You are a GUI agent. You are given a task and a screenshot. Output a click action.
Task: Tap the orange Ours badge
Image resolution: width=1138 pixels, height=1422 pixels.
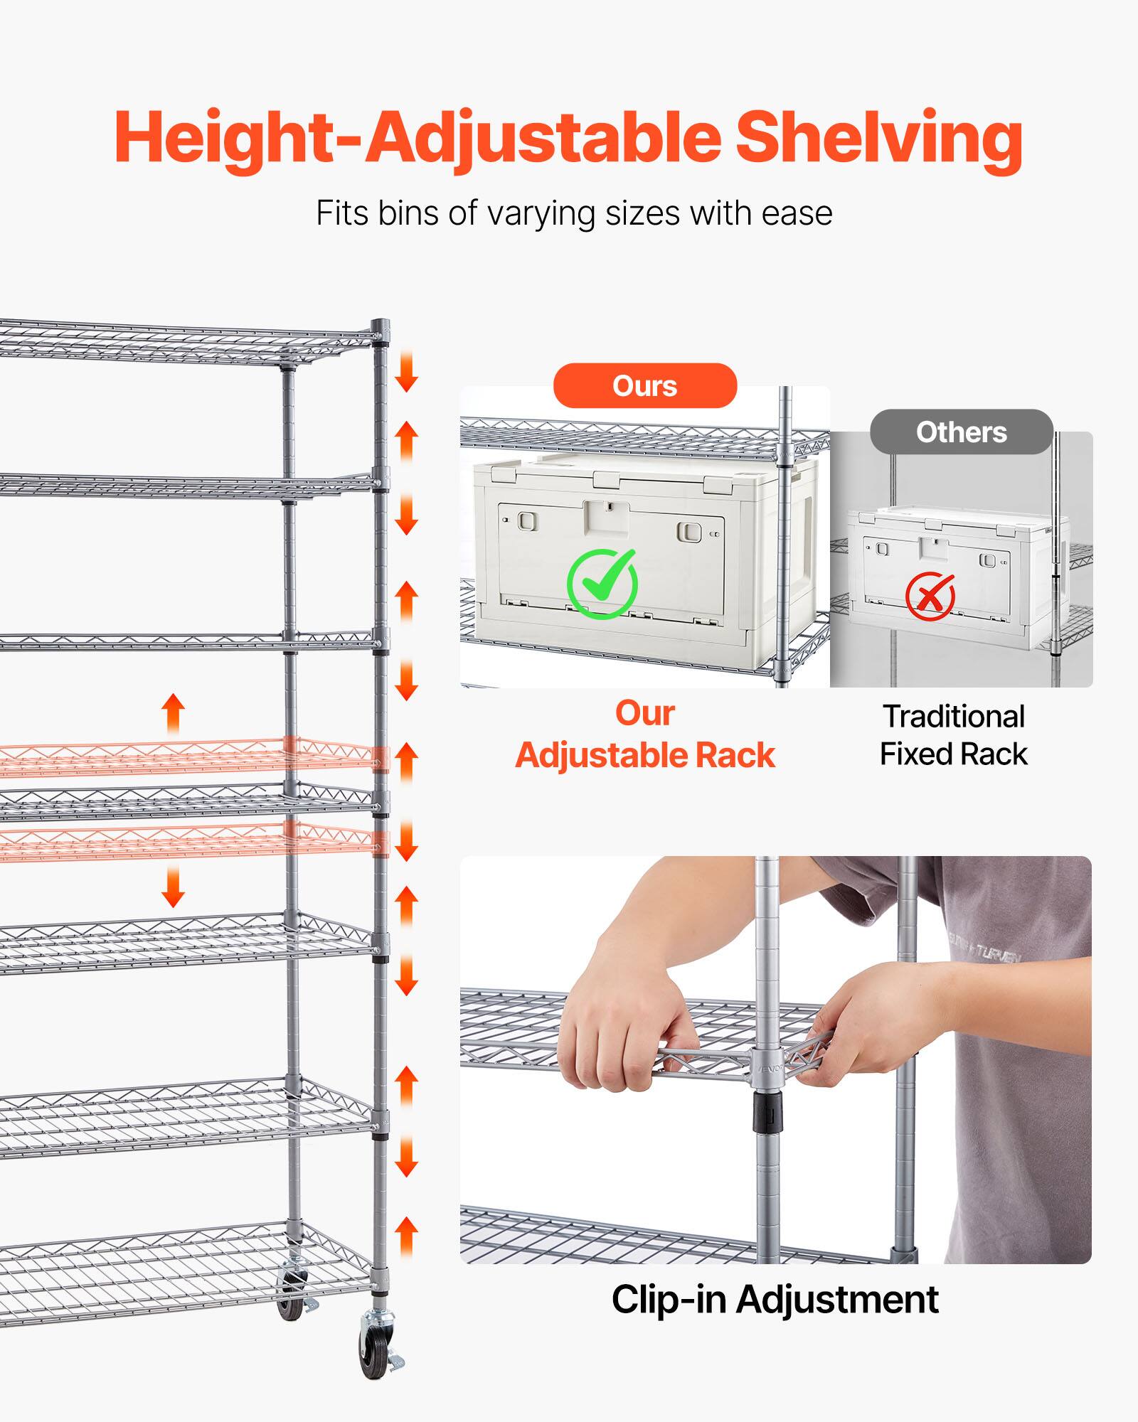tap(645, 386)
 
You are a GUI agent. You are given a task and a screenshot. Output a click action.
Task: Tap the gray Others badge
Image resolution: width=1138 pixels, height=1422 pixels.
tap(961, 432)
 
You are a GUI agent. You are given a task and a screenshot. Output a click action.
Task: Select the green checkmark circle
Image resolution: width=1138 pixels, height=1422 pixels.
tap(602, 584)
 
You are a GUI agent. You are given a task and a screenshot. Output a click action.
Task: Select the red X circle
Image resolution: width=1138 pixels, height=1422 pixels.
tap(930, 596)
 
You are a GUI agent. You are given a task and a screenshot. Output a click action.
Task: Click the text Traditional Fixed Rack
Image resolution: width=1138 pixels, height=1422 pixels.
tap(953, 735)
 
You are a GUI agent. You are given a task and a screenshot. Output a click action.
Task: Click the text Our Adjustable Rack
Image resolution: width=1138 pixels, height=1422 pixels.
tap(645, 734)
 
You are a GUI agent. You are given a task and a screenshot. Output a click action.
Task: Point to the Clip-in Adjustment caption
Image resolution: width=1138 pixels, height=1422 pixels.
tap(775, 1300)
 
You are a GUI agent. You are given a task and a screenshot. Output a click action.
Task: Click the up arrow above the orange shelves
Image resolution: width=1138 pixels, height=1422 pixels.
tap(173, 713)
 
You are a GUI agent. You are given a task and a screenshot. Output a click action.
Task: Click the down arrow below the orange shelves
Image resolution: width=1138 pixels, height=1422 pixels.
tap(173, 889)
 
